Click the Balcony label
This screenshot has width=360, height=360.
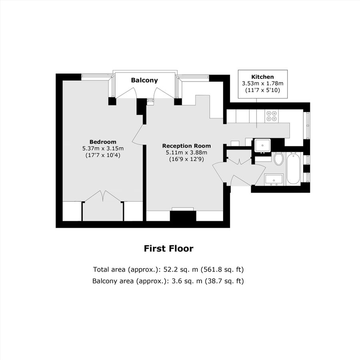click(x=144, y=80)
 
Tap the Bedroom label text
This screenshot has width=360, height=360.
click(x=103, y=142)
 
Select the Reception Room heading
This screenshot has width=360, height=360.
click(x=186, y=146)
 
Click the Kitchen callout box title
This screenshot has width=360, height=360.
click(x=262, y=77)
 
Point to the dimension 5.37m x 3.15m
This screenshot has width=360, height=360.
click(x=103, y=148)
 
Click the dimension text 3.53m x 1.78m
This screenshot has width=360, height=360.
click(x=262, y=84)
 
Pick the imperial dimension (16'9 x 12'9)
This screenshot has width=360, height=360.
click(x=186, y=159)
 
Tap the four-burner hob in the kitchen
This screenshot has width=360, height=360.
click(x=272, y=116)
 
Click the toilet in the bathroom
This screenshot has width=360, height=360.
click(x=279, y=159)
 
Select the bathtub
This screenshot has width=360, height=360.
click(x=293, y=168)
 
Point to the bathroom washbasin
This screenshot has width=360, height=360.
click(x=274, y=180)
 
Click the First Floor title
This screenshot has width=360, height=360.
click(x=168, y=249)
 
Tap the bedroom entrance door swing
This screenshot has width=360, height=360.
click(x=138, y=134)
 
